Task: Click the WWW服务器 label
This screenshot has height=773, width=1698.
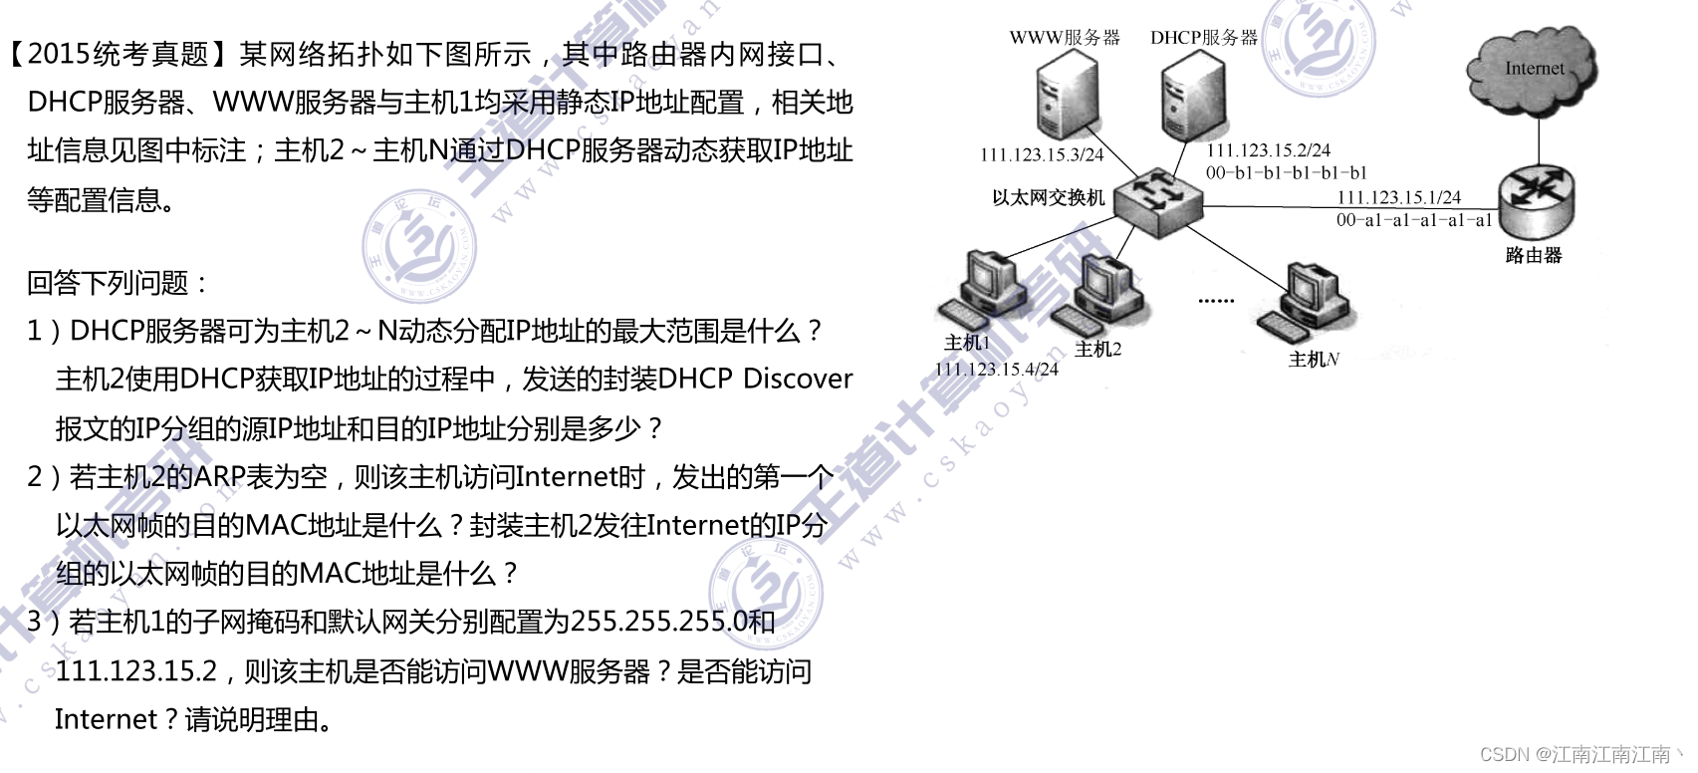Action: click(1064, 38)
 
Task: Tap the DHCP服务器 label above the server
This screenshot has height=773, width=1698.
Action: click(1203, 38)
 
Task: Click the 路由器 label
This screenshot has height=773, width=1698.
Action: click(1533, 255)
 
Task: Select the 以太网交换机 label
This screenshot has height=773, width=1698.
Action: click(1048, 197)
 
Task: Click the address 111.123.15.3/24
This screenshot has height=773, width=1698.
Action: click(1042, 154)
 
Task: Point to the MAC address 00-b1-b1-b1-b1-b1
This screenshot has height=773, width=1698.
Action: click(1286, 172)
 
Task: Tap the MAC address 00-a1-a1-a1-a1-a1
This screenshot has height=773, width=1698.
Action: click(1413, 220)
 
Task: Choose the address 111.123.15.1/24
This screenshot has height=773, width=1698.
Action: click(1398, 197)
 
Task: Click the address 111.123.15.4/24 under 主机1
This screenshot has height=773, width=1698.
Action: click(996, 369)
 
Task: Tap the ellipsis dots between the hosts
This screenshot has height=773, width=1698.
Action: click(1215, 299)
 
